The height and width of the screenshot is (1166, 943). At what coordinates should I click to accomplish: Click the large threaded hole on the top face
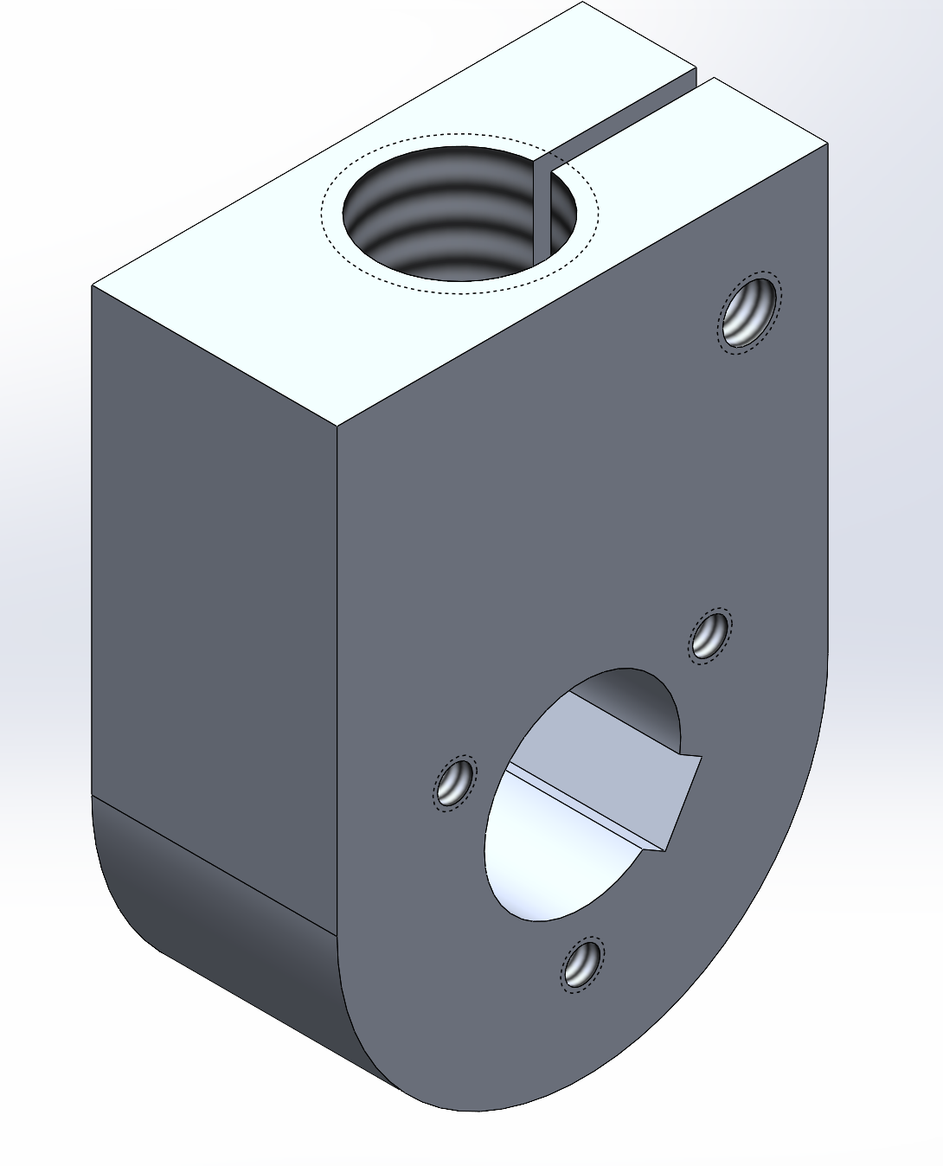click(450, 221)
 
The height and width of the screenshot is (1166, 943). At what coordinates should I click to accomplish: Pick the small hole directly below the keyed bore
click(582, 964)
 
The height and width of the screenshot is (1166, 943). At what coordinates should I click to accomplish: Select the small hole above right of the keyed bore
click(709, 636)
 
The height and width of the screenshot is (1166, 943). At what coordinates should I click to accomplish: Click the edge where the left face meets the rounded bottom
click(212, 865)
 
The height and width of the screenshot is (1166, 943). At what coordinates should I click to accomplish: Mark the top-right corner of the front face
click(828, 144)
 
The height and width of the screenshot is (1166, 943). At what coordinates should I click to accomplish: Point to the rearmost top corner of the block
click(583, 3)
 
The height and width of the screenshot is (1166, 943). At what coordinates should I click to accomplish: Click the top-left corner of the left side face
click(93, 286)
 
